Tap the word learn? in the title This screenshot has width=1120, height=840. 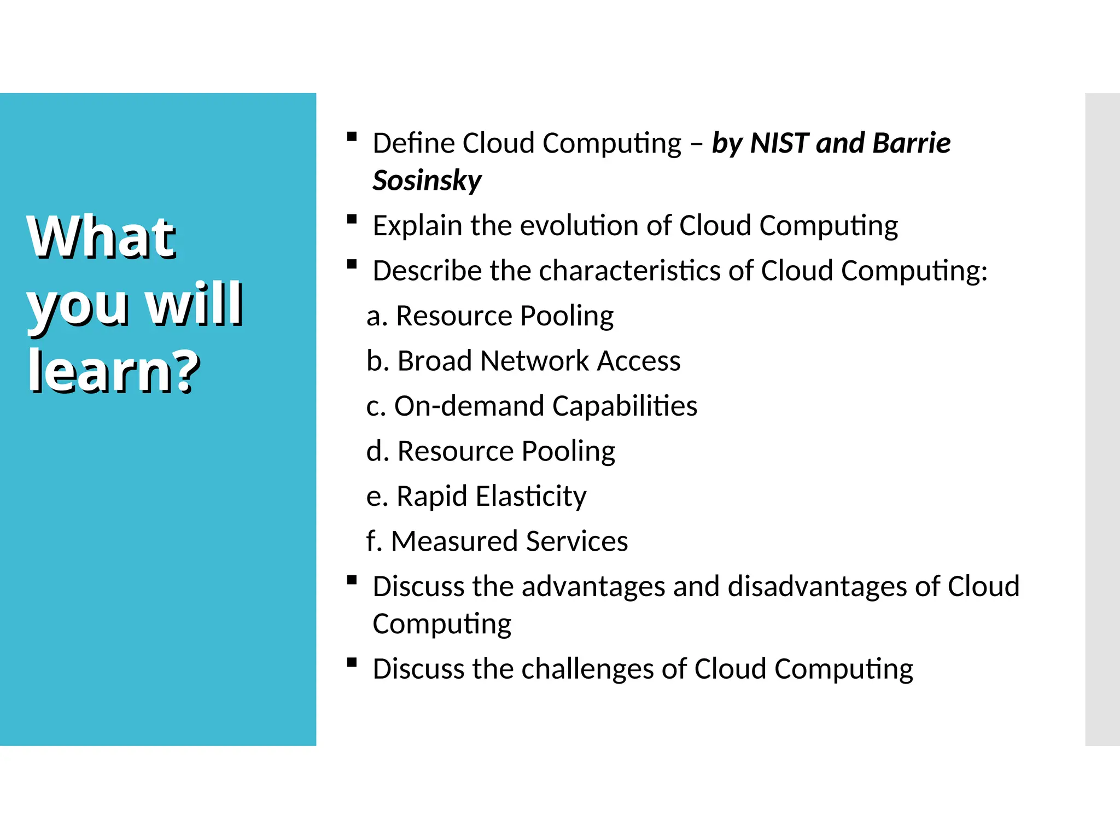pos(114,371)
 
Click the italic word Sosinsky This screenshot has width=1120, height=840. pos(427,181)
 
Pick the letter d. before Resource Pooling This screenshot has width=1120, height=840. pos(377,452)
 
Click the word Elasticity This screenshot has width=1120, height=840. pos(530,497)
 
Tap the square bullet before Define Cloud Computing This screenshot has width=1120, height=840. pos(352,137)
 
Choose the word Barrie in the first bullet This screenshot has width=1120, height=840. pos(911,143)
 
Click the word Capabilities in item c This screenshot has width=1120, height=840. pos(625,406)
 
